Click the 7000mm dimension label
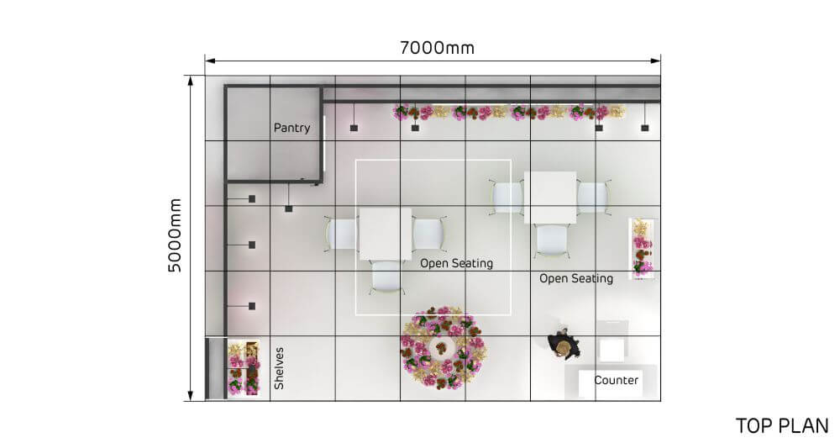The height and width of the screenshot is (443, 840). click(437, 47)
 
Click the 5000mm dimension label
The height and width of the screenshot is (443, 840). click(175, 235)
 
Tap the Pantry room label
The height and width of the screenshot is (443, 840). click(291, 129)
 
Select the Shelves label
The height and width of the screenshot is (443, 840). click(280, 368)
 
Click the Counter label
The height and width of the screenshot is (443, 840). click(616, 381)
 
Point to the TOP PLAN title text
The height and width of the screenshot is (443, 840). click(782, 425)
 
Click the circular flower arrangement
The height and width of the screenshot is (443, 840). click(443, 346)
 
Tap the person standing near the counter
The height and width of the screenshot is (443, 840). click(563, 343)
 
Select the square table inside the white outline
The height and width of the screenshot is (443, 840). click(386, 233)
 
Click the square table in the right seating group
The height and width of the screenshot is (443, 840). click(550, 198)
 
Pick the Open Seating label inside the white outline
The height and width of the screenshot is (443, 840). click(456, 263)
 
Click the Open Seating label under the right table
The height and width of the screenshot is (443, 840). click(575, 278)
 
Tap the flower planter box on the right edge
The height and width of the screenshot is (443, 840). click(643, 248)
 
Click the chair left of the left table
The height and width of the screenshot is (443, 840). click(343, 233)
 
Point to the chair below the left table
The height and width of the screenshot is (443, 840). click(386, 277)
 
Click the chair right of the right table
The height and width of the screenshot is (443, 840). click(593, 198)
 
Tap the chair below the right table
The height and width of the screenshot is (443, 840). click(551, 240)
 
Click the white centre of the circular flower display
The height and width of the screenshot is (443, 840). click(442, 346)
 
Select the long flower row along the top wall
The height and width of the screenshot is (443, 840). click(509, 112)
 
